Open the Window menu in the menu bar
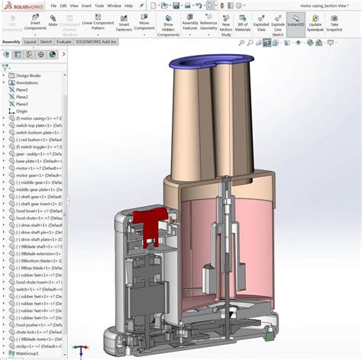[113, 5]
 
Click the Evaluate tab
[63, 42]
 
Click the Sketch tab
[46, 42]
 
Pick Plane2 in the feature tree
[22, 97]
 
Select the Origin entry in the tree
[21, 111]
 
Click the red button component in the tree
[35, 140]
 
